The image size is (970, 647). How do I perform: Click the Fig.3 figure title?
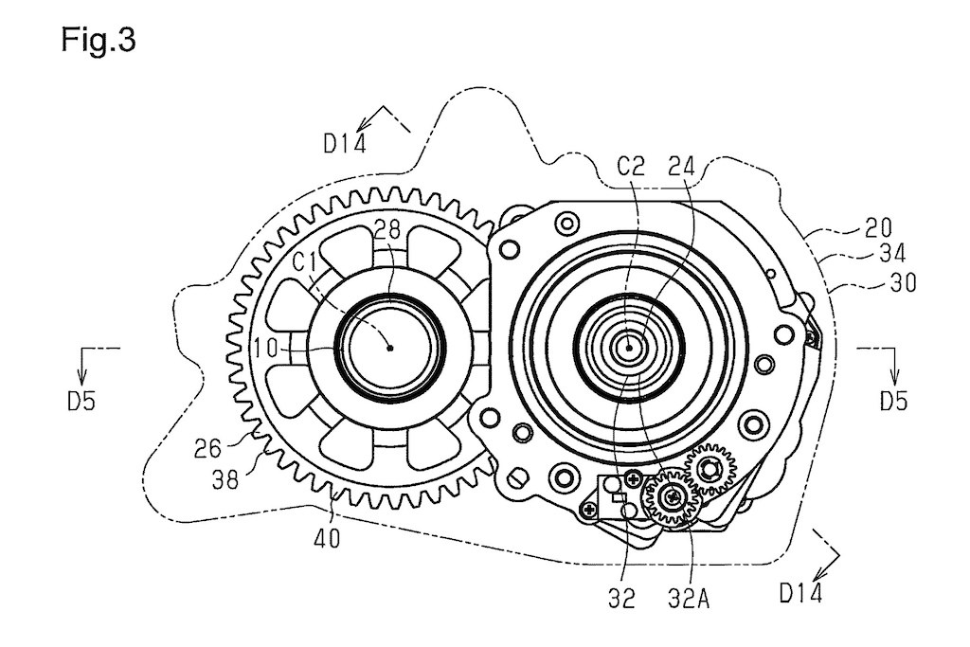pos(99,39)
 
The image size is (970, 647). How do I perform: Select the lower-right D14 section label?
pos(800,593)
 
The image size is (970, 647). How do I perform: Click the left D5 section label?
pos(81,401)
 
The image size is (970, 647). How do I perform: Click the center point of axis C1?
pos(390,348)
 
